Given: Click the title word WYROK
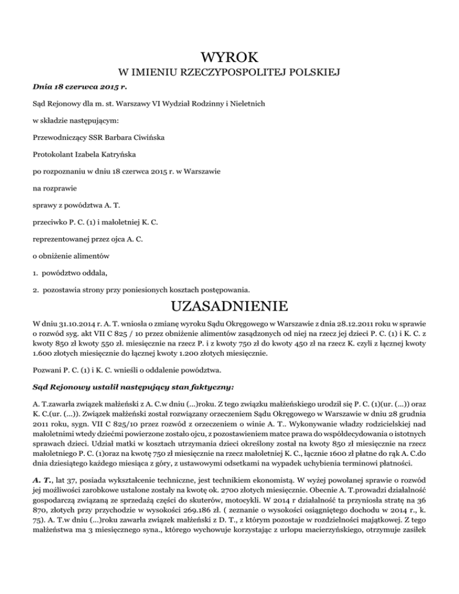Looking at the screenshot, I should click(229, 58).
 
